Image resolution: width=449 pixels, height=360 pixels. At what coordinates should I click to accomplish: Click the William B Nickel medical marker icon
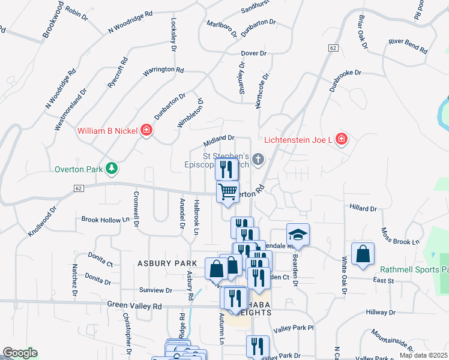(x=146, y=130)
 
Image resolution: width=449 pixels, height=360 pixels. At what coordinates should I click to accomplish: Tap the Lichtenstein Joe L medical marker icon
(x=341, y=139)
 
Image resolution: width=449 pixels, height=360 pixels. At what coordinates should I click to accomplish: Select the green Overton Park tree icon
(x=110, y=169)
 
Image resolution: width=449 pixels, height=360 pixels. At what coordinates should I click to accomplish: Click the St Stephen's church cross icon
(x=258, y=159)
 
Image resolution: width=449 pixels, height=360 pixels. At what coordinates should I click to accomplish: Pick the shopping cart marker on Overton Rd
(x=228, y=192)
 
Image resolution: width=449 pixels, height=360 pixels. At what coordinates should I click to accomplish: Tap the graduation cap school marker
(x=298, y=234)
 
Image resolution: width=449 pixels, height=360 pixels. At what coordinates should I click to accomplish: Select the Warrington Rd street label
(x=163, y=70)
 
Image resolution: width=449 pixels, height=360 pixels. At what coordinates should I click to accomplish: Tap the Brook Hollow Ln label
(x=106, y=220)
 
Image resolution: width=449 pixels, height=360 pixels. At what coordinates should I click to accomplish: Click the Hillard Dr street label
(x=363, y=209)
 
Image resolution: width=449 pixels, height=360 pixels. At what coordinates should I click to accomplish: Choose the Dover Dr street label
(x=254, y=53)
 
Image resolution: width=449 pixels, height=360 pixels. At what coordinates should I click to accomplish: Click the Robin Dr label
(x=76, y=13)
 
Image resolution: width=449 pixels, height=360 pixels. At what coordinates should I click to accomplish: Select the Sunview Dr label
(x=155, y=290)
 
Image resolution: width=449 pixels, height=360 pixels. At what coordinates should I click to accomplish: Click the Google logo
(x=20, y=353)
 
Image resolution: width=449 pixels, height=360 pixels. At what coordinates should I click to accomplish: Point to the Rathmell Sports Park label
(x=414, y=269)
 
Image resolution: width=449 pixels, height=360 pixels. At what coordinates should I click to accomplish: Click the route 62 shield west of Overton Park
(x=78, y=188)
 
